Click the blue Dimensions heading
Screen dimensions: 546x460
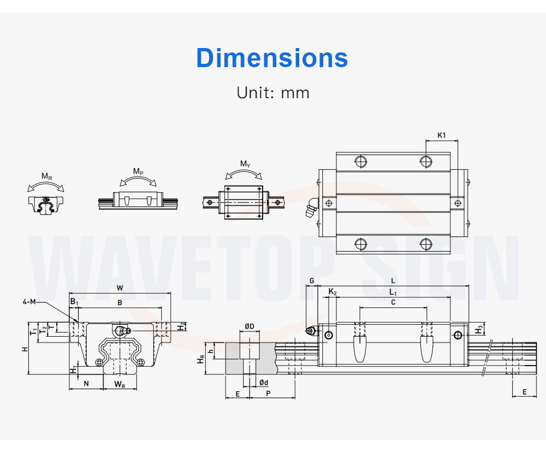coord(272,58)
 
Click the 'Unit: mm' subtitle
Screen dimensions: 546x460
coord(272,93)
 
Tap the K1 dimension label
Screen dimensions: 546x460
coord(442,135)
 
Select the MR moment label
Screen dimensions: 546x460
coord(46,176)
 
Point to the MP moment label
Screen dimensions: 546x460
coord(138,171)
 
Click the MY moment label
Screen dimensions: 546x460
coord(245,164)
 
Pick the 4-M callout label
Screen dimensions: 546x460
coord(29,302)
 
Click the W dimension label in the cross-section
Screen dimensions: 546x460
coord(120,288)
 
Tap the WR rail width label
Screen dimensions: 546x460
coord(120,384)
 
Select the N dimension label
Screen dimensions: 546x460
coord(86,384)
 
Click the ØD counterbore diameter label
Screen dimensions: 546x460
coord(250,326)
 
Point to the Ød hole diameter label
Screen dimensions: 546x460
coord(264,383)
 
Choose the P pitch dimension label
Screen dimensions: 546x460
coord(269,393)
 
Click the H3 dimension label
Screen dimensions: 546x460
coord(479,329)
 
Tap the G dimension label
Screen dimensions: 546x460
coord(312,280)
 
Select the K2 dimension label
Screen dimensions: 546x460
coord(333,291)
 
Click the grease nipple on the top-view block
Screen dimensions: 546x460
coord(311,207)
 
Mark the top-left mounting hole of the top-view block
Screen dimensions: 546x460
coord(360,161)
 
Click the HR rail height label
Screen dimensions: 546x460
coord(201,359)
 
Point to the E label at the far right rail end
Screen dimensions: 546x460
coord(524,392)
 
